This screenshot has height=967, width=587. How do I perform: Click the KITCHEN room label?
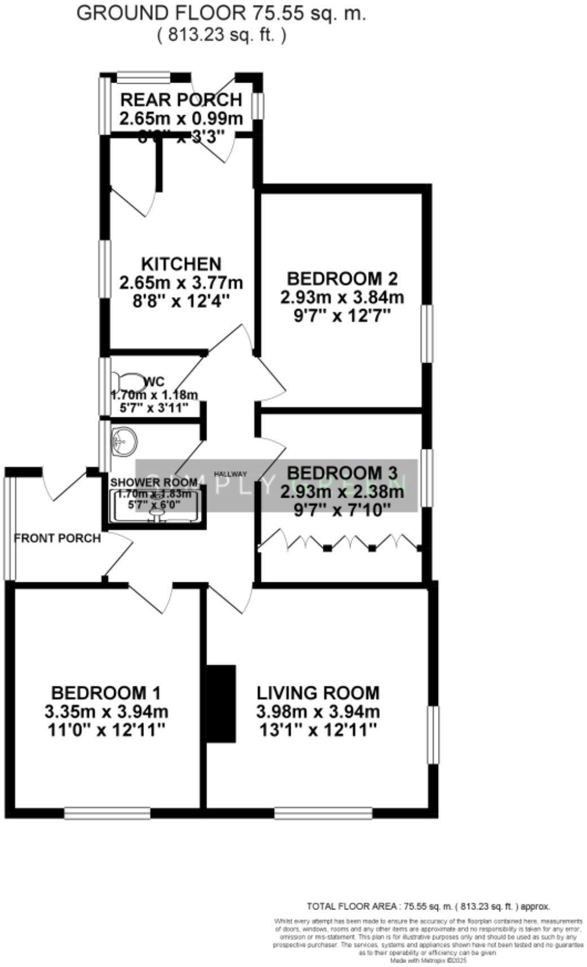pyautogui.click(x=181, y=264)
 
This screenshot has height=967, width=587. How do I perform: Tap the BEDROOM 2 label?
pyautogui.click(x=342, y=278)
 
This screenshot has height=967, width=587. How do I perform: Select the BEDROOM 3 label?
pyautogui.click(x=342, y=472)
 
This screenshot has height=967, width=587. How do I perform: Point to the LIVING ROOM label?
pyautogui.click(x=318, y=692)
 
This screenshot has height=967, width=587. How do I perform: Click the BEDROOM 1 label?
pyautogui.click(x=106, y=692)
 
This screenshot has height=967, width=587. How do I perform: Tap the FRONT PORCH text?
pyautogui.click(x=57, y=538)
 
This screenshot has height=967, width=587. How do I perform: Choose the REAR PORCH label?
pyautogui.click(x=181, y=100)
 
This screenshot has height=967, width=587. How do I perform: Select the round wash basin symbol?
pyautogui.click(x=124, y=440)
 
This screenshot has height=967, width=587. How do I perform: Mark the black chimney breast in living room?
pyautogui.click(x=221, y=703)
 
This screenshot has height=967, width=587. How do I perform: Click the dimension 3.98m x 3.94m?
pyautogui.click(x=318, y=711)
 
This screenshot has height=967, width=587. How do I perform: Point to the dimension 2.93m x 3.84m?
pyautogui.click(x=342, y=297)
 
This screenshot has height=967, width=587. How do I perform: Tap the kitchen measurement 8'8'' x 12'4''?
pyautogui.click(x=181, y=300)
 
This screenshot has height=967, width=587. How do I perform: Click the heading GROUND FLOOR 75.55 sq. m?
pyautogui.click(x=221, y=14)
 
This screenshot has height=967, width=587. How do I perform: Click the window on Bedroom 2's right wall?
pyautogui.click(x=427, y=333)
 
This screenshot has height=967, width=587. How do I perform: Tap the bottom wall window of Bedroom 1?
pyautogui.click(x=107, y=813)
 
